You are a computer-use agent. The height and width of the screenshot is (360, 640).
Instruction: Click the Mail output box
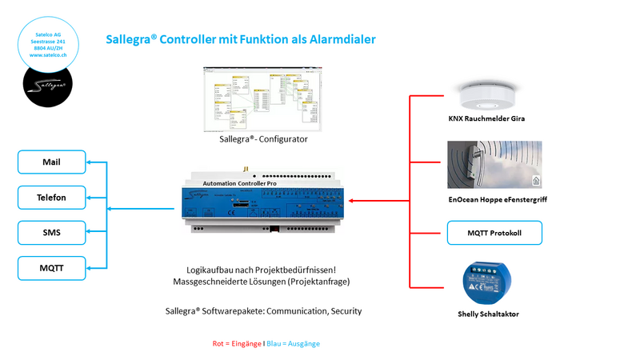tap(51, 162)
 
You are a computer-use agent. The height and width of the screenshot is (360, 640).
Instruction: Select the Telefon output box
tap(51, 197)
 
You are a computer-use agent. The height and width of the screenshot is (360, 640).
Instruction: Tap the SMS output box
tap(51, 234)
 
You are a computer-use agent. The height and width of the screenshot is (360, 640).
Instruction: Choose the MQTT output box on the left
tap(51, 269)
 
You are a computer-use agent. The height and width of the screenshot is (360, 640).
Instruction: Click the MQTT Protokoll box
tap(494, 234)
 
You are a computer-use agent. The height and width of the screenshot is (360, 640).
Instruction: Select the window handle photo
tap(494, 166)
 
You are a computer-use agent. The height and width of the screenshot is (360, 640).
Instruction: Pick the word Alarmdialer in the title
tap(338, 38)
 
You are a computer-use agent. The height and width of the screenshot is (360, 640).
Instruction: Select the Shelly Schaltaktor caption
tap(488, 314)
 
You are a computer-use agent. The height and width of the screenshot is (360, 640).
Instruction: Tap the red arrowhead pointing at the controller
tap(353, 201)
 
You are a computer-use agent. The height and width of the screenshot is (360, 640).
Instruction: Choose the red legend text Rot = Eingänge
tap(235, 343)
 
